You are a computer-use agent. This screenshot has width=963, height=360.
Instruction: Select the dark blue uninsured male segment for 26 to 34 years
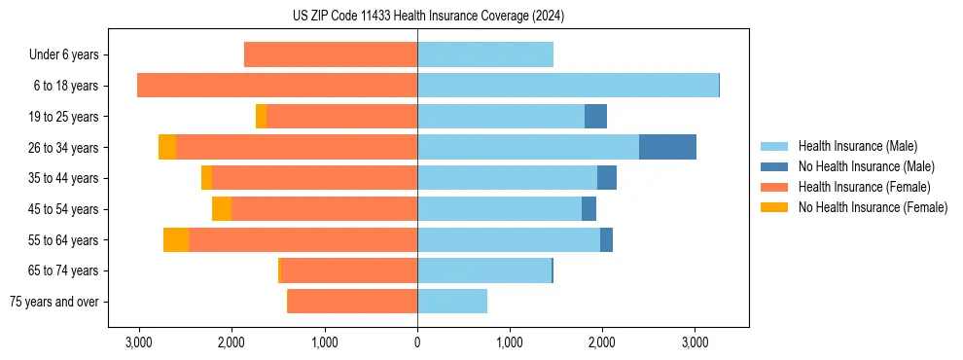pos(667,147)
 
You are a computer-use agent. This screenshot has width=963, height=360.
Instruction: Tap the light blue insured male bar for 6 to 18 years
pos(567,86)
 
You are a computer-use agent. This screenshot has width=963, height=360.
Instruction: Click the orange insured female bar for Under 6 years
pos(331,54)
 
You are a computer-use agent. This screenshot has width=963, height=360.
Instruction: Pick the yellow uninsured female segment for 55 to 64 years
pos(176,239)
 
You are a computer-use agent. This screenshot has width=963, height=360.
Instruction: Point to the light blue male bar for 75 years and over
pos(452,302)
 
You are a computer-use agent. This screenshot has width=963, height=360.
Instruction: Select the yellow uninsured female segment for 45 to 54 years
pos(222,209)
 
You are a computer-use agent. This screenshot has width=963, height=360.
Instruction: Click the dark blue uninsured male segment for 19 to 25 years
pos(595,117)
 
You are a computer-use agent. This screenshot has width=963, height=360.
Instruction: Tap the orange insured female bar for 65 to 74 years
pos(348,270)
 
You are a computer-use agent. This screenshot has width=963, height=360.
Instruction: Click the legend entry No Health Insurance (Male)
pos(866,166)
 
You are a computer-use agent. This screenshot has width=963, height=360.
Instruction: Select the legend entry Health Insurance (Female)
pos(864,187)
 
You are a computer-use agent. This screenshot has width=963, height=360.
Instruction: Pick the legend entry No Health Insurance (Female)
pos(873,207)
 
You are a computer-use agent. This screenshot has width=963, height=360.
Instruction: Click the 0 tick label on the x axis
pos(417,342)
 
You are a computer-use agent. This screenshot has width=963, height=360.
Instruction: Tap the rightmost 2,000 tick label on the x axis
pos(602,342)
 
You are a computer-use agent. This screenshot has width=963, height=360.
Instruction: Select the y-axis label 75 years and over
pos(54,302)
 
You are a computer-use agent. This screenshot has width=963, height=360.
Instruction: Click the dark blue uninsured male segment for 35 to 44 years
pos(607,178)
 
